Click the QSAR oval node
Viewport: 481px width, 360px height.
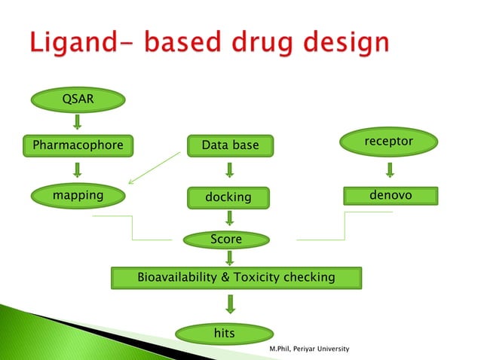(77, 98)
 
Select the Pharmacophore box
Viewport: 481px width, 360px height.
(73, 145)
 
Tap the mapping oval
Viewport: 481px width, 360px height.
(78, 197)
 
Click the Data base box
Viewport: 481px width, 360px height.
(230, 145)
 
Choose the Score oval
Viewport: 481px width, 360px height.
(226, 239)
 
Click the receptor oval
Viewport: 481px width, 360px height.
(388, 142)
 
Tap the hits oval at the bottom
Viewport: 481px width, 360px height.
(225, 333)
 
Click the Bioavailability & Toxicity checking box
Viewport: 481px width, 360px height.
(236, 277)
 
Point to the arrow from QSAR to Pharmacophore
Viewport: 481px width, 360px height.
(77, 121)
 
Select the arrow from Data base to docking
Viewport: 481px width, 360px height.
(229, 170)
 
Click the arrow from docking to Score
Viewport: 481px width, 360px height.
(229, 218)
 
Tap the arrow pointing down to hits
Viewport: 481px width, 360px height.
(231, 304)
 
